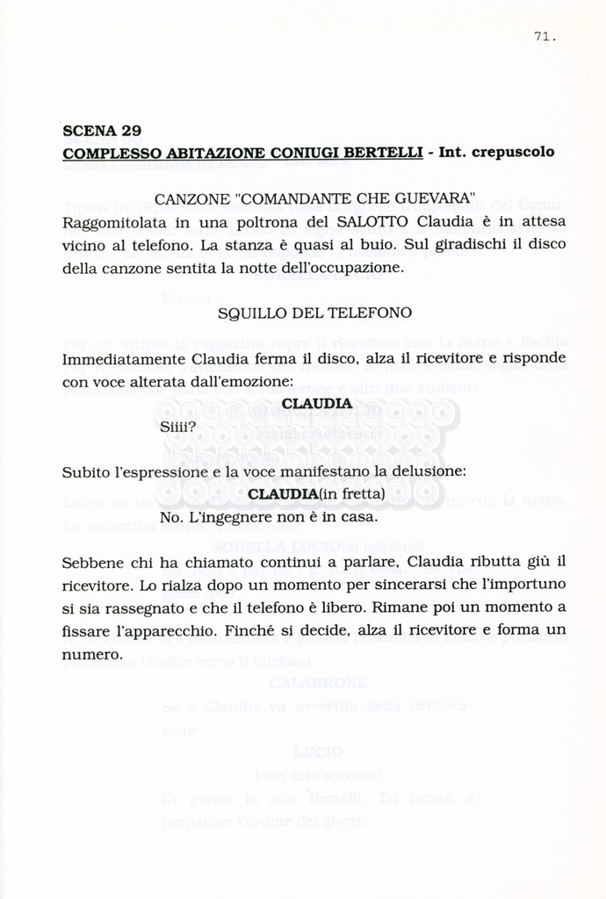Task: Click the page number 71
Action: pyautogui.click(x=544, y=37)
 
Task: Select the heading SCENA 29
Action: pyautogui.click(x=102, y=132)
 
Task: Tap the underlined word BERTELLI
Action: pyautogui.click(x=384, y=151)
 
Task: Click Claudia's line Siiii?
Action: pyautogui.click(x=179, y=428)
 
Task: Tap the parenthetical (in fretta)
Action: pyautogui.click(x=351, y=494)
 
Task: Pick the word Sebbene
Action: pyautogui.click(x=91, y=561)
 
